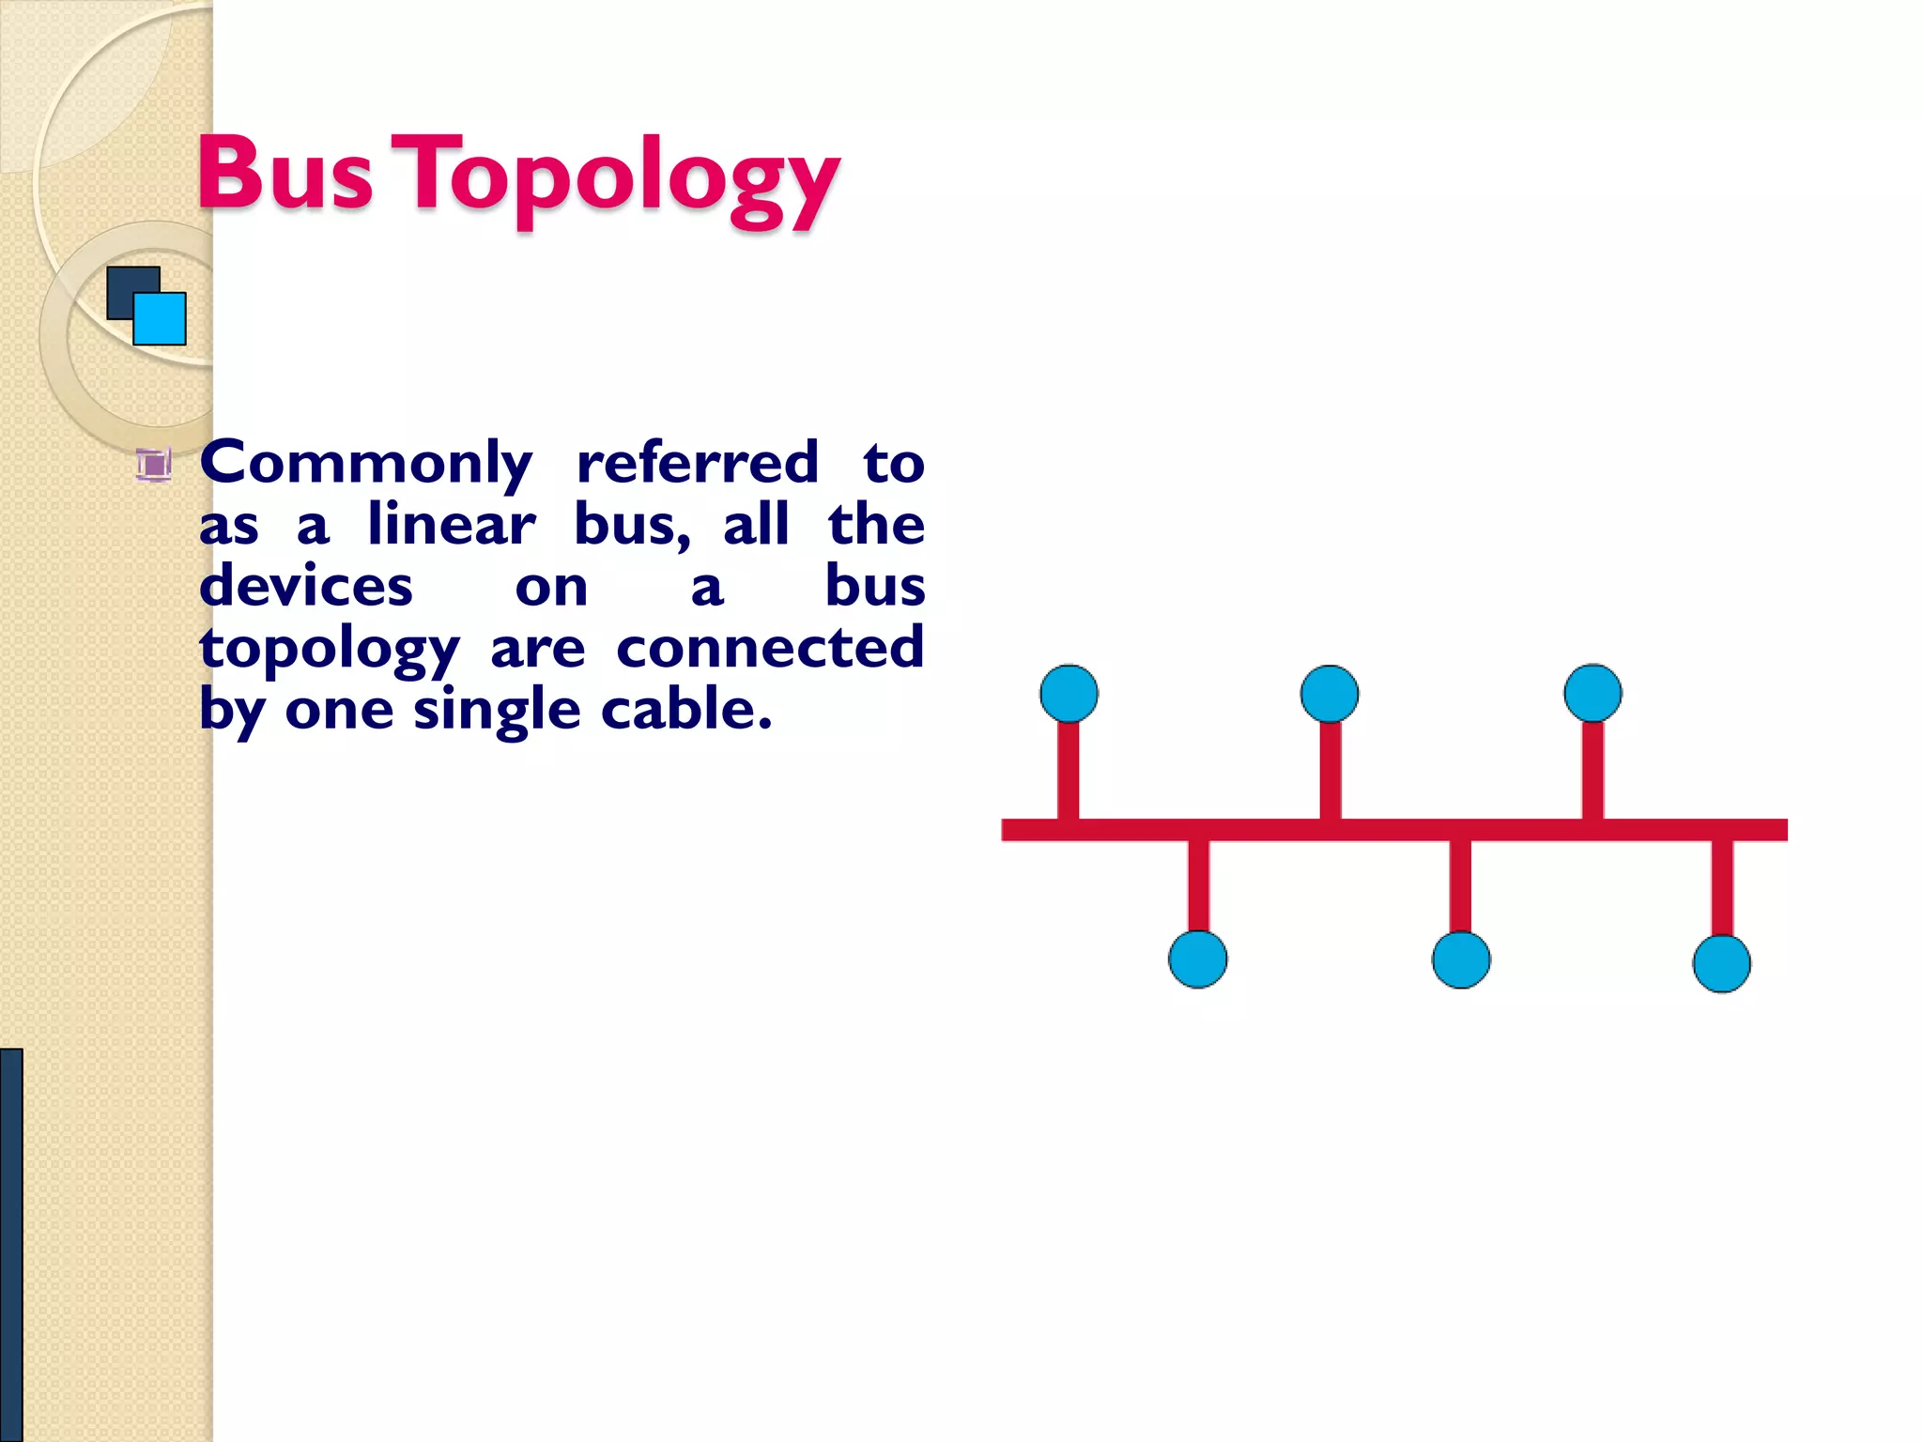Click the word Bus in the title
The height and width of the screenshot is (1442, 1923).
pos(285,174)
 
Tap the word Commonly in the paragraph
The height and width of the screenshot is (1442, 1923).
pos(366,463)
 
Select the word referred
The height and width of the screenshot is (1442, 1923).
pos(698,462)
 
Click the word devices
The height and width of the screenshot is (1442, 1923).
pos(306,586)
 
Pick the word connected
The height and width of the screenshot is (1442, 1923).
pos(770,647)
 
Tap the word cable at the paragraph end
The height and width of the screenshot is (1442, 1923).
pos(685,709)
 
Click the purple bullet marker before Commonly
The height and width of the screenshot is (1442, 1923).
pos(153,465)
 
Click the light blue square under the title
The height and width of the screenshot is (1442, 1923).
pos(161,319)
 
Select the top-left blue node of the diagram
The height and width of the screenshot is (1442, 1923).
pos(1069,694)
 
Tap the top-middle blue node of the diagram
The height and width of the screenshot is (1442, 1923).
pos(1329,694)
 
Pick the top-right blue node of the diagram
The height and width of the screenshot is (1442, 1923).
pos(1592,693)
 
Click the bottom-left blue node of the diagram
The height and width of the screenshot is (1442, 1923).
pos(1197,959)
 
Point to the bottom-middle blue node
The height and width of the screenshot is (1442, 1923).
pos(1460,959)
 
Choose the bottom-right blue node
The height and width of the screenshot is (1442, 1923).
pos(1721,963)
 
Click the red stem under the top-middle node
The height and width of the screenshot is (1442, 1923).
pos(1330,770)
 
